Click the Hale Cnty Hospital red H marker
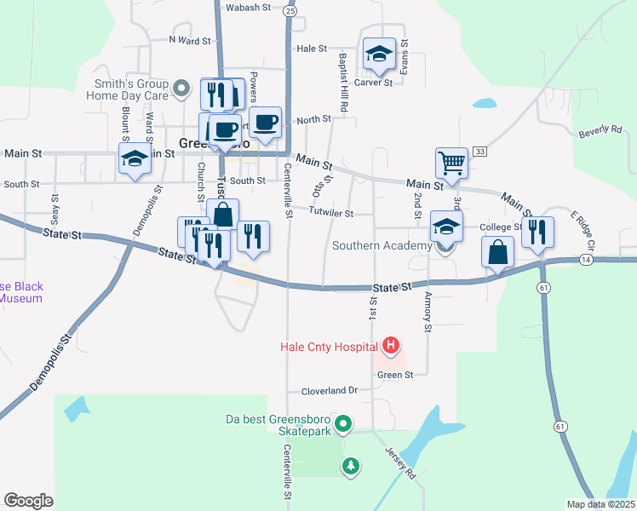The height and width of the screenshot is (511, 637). (391, 345)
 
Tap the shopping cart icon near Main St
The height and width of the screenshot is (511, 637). (451, 162)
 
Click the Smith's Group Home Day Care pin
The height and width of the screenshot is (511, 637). (181, 88)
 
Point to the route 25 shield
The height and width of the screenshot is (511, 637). (291, 11)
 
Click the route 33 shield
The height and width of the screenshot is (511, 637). (480, 151)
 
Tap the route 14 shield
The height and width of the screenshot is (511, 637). (586, 258)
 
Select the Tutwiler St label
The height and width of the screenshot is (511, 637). (330, 212)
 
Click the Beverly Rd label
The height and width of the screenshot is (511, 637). (600, 130)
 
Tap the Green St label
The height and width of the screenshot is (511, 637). (394, 375)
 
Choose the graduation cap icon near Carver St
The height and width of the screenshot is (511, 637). (380, 55)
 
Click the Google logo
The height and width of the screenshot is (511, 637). (28, 500)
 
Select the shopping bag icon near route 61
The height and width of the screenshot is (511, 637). (497, 251)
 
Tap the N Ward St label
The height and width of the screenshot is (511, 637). (189, 40)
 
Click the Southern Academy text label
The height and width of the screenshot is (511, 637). (382, 246)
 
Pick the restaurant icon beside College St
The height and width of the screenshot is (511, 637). (537, 232)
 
